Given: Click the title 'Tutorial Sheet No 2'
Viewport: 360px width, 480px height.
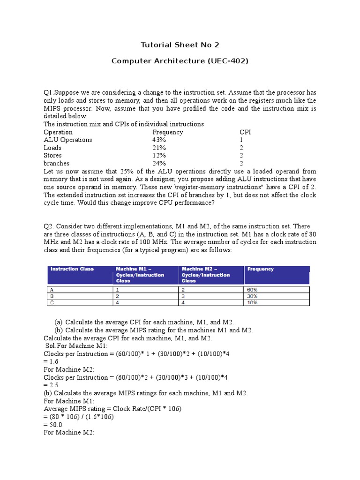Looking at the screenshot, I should pos(180,45).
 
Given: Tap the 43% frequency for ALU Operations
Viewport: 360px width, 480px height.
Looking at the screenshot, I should pos(159,140).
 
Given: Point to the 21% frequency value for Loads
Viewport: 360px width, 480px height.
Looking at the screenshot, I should pos(159,148).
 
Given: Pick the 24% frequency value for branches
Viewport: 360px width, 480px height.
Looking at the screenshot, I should pos(159,163).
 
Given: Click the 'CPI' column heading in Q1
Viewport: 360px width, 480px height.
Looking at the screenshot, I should pos(245,132).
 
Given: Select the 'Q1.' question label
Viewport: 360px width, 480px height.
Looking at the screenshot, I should pos(49,93).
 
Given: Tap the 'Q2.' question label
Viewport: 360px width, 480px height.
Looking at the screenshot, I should pos(49,226).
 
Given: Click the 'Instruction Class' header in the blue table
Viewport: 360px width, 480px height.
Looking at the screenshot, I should pos(72,269).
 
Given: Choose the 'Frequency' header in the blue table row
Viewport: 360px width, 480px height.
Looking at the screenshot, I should pos(261,269).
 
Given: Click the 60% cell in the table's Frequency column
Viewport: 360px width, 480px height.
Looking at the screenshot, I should pos(252,290).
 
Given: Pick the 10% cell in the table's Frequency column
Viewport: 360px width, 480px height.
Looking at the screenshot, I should pos(252,303).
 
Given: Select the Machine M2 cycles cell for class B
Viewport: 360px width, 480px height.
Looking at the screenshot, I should pos(183,296).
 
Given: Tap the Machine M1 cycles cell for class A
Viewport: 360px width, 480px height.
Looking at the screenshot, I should pos(118,290).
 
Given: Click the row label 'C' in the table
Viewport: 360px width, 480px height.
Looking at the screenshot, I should pos(52,303).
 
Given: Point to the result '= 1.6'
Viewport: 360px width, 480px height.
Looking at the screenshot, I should pos(51,362).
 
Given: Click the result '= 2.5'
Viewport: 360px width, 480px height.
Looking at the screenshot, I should pos(51,385).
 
